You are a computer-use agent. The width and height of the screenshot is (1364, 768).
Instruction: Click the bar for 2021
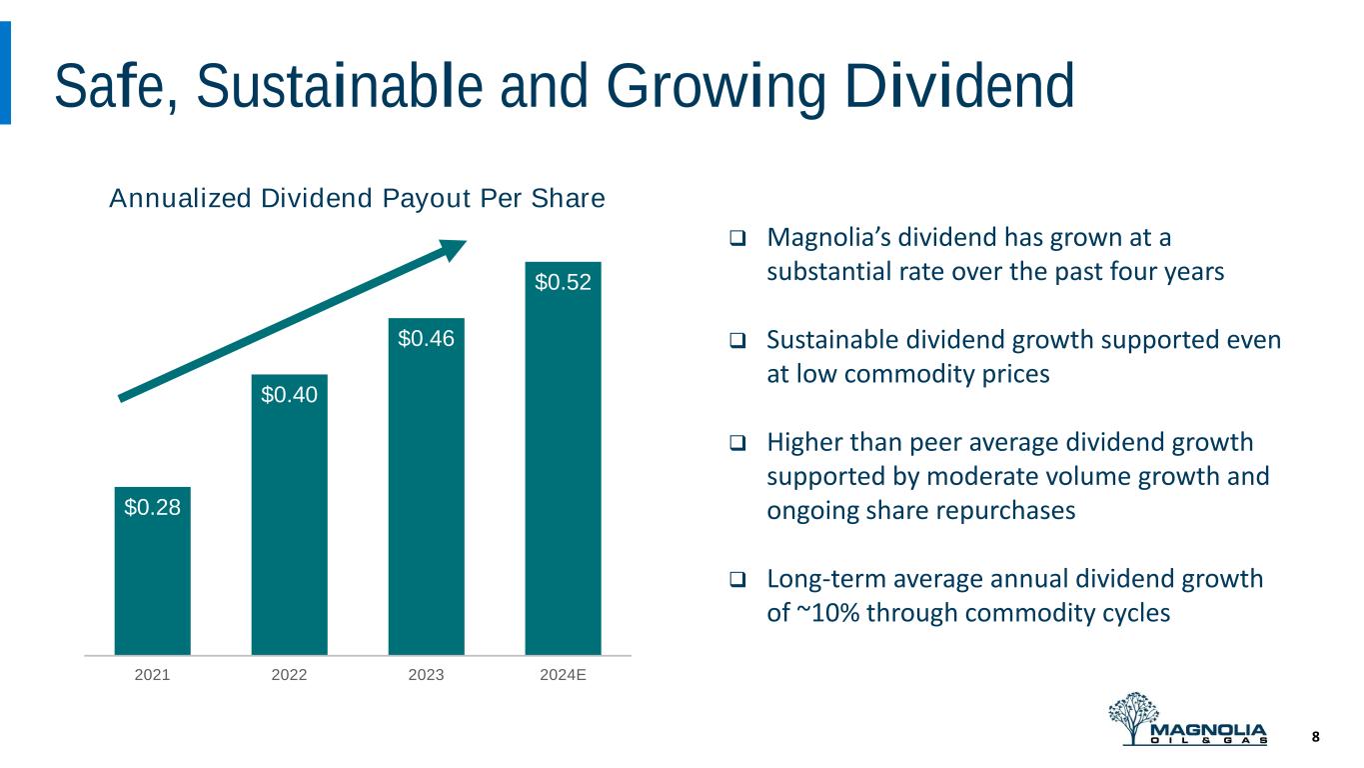(x=152, y=570)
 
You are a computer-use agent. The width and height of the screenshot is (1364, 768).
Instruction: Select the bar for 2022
(x=289, y=514)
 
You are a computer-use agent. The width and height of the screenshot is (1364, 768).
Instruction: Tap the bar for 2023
(x=426, y=486)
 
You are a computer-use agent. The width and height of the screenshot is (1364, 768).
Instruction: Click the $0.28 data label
(x=152, y=507)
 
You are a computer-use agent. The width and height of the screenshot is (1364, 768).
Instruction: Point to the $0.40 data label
(x=289, y=395)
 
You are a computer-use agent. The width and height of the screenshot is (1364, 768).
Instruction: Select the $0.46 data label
(x=426, y=339)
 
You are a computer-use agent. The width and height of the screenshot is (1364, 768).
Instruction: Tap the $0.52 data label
(x=563, y=283)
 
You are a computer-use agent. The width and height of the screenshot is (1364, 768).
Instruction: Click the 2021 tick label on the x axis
(x=152, y=674)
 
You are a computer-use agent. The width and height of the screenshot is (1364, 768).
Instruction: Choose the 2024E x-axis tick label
(x=563, y=674)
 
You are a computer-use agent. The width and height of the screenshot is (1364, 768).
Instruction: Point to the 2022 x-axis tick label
(x=289, y=674)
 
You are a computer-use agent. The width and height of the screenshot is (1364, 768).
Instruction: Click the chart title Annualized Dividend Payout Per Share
(x=357, y=199)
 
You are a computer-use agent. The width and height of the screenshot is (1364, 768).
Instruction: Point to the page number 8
(x=1315, y=737)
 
